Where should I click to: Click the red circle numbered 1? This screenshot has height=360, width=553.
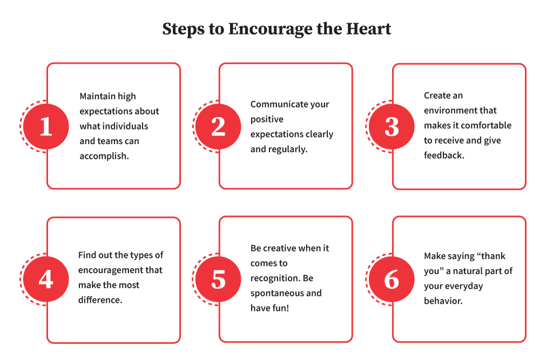[x=46, y=126]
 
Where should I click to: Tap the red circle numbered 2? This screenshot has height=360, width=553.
[x=218, y=126]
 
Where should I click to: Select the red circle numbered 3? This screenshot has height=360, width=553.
[x=392, y=126]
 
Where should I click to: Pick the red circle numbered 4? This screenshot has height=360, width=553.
[x=46, y=279]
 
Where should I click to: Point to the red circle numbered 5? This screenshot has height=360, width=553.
[x=218, y=279]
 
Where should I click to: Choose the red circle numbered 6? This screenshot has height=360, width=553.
[x=392, y=279]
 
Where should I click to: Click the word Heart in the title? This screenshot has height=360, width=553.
[x=368, y=29]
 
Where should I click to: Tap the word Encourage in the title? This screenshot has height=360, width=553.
[x=270, y=30]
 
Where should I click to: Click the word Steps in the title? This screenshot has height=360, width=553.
[x=184, y=30]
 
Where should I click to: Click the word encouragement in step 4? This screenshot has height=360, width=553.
[x=111, y=270]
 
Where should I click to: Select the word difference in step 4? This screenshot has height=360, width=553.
[x=99, y=300]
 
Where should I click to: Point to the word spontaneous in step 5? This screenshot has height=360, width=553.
[x=273, y=294]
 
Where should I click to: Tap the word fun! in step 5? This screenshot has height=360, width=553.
[x=280, y=308]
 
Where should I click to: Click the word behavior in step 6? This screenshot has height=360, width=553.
[x=442, y=301]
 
